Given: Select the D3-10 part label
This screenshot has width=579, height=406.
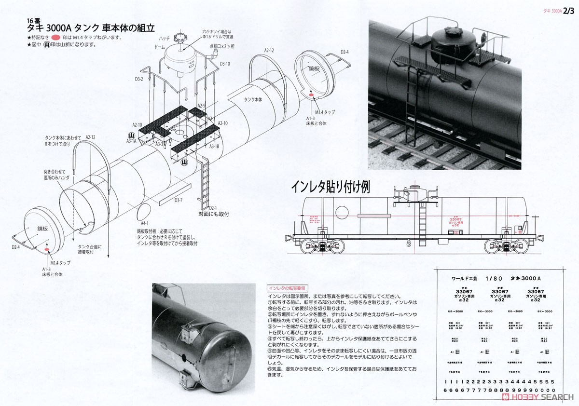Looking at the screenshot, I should coord(225,64).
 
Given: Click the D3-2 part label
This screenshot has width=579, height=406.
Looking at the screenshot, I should coord(139,79).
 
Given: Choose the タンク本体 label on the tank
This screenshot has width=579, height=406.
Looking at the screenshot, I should coord(253,99).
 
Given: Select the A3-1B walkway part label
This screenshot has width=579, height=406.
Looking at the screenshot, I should coord(215,146).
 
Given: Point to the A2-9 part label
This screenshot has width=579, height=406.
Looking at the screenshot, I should coord(202,106).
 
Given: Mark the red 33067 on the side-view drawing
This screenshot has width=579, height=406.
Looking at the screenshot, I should coord(456,218).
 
